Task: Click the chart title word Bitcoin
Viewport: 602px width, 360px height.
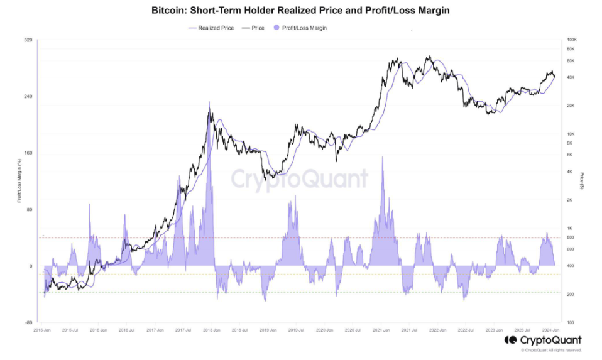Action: click(x=169, y=11)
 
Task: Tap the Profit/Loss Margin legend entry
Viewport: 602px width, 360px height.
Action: click(x=302, y=28)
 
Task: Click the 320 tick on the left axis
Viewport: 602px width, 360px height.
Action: click(x=28, y=40)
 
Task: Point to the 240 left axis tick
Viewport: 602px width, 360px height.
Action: click(x=28, y=97)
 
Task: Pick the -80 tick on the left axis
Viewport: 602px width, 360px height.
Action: click(x=28, y=323)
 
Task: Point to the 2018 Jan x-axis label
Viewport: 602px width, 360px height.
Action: click(x=210, y=329)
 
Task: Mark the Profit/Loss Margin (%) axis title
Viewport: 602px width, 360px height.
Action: click(x=19, y=181)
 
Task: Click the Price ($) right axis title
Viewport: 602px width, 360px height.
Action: click(x=583, y=181)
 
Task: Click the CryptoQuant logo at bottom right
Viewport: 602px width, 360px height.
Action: click(x=543, y=341)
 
